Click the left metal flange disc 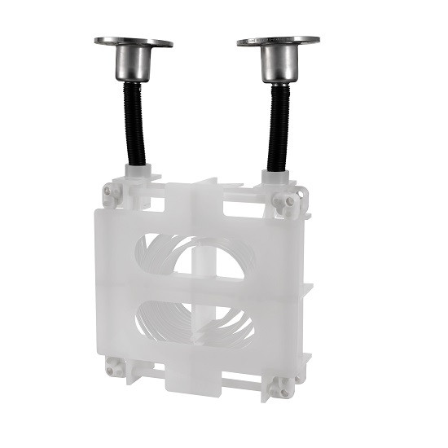click(x=133, y=42)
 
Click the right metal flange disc click(x=278, y=40)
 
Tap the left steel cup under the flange click(x=133, y=63)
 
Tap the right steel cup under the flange click(x=278, y=63)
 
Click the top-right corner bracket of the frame click(x=287, y=200)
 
